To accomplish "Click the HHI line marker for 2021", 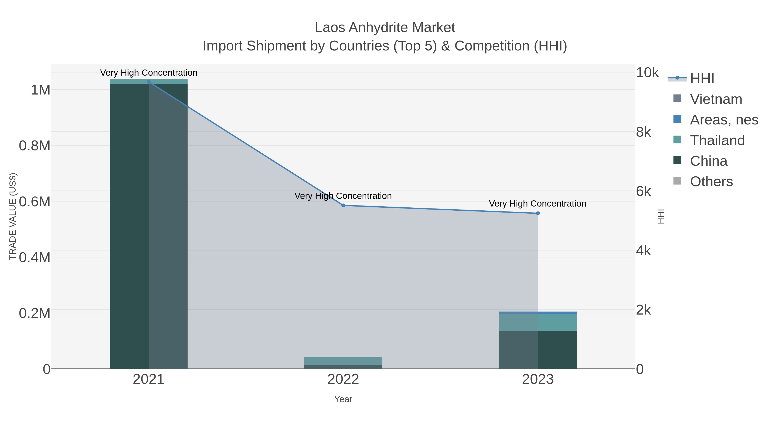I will click(x=149, y=82).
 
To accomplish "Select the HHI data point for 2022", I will click(x=343, y=205).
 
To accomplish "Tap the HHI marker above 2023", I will click(x=538, y=213).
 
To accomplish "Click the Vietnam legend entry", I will click(x=716, y=99).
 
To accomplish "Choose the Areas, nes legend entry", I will click(x=724, y=120).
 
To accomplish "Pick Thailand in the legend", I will click(x=717, y=140).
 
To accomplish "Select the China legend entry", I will click(x=708, y=161).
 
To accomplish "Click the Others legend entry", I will click(x=711, y=182).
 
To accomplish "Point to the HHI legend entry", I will click(x=702, y=79).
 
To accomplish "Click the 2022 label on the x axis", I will click(x=343, y=380).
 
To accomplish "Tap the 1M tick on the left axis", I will click(x=41, y=90).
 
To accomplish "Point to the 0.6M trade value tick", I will click(x=35, y=202).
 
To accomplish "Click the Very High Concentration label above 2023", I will click(x=538, y=204).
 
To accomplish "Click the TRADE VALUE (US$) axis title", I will click(x=13, y=216).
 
